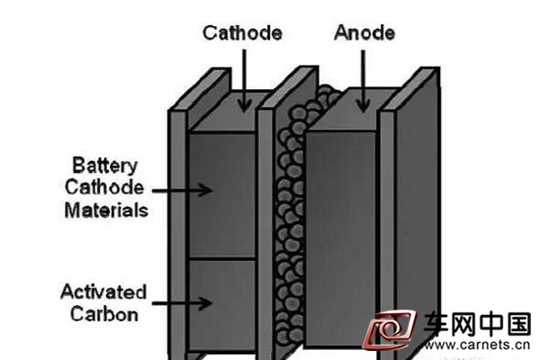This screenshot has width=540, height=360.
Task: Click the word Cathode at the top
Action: (x=242, y=33)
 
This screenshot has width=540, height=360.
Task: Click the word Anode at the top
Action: (x=364, y=32)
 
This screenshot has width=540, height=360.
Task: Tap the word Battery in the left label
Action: (x=104, y=166)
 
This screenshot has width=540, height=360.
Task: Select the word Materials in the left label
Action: (x=106, y=210)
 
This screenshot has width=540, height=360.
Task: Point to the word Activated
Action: (x=103, y=292)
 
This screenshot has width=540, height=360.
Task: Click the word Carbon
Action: (x=104, y=314)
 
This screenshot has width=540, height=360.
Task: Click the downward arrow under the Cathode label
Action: (x=244, y=81)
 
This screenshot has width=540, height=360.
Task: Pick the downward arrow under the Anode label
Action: (x=363, y=81)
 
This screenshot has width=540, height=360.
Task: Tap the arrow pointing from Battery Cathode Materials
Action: (x=182, y=190)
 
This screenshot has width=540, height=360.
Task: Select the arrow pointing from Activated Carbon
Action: (x=182, y=303)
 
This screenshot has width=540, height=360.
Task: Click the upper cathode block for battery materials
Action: (x=222, y=195)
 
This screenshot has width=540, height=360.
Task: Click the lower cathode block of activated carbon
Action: (x=222, y=305)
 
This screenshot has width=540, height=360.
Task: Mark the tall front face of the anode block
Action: (x=340, y=239)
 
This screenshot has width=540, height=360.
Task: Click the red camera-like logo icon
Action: (x=389, y=329)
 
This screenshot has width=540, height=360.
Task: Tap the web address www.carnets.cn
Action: (x=476, y=345)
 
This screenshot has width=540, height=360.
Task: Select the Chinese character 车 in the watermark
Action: (x=436, y=325)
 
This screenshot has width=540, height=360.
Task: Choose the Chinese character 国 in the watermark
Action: (x=519, y=324)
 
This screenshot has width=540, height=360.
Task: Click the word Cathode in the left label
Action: (x=104, y=188)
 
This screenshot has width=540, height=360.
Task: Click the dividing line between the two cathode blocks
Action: (x=222, y=258)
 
